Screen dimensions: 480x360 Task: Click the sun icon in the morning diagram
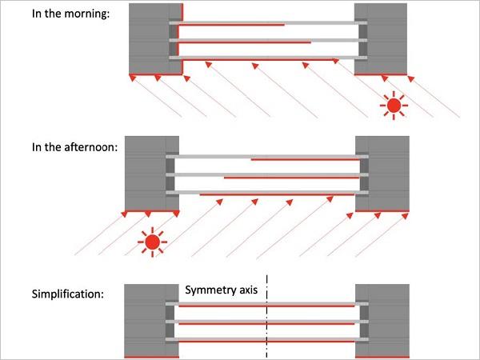click(x=394, y=106)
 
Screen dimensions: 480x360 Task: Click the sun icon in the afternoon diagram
click(x=153, y=242)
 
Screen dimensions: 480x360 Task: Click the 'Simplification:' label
click(x=68, y=294)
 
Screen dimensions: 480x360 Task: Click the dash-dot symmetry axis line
click(x=267, y=316)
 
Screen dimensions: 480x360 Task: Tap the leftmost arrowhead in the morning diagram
click(x=132, y=78)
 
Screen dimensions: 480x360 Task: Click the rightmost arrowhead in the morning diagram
click(x=411, y=79)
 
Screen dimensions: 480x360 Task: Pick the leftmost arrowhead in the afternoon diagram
click(x=124, y=214)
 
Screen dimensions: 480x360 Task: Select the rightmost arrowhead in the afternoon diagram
click(x=405, y=216)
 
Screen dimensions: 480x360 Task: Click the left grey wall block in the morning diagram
click(x=155, y=38)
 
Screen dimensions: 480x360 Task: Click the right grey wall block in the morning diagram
click(x=381, y=38)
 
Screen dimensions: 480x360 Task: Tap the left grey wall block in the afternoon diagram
click(x=152, y=174)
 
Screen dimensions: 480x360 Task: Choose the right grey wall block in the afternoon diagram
click(x=382, y=174)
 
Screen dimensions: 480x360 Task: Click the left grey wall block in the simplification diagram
click(x=151, y=321)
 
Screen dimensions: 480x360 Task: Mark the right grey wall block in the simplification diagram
click(x=382, y=321)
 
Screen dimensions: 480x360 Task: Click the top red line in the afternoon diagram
click(x=306, y=159)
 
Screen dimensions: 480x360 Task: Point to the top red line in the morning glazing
click(x=232, y=25)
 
